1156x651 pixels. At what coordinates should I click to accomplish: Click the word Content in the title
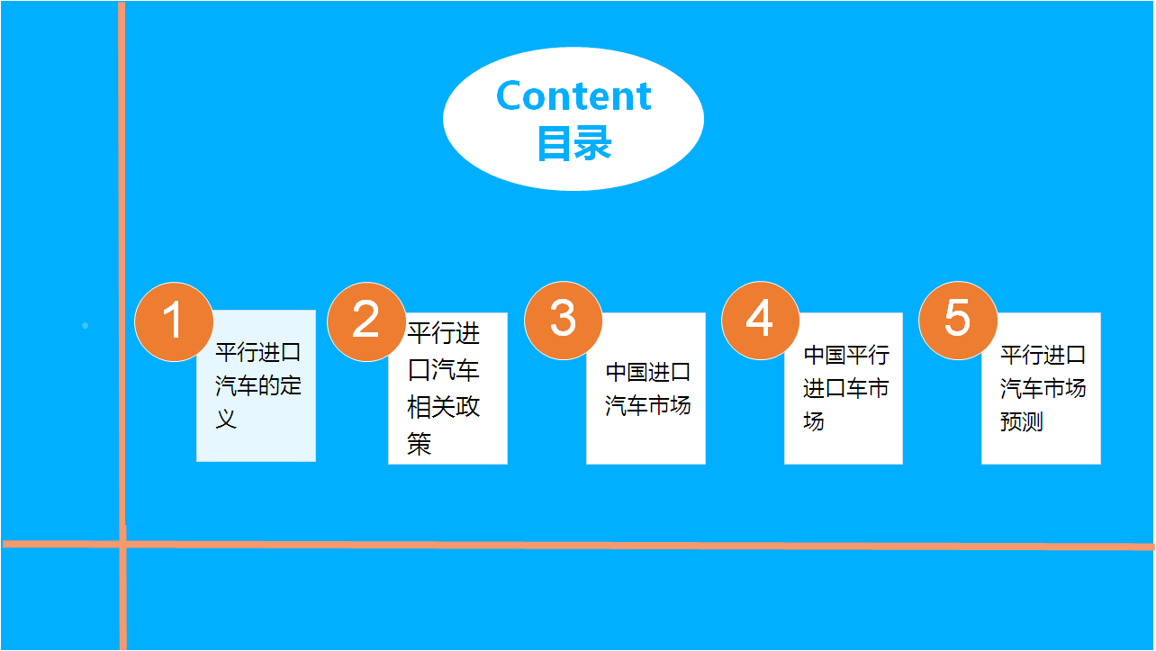point(573,96)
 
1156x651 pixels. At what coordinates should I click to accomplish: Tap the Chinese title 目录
point(574,143)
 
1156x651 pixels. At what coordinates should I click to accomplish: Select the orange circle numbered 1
point(174,321)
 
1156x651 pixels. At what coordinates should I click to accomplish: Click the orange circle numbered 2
point(366,321)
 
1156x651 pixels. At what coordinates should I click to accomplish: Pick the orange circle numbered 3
point(563,320)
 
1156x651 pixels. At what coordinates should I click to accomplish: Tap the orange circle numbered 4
point(760,320)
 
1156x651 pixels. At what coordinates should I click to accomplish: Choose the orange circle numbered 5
point(958,320)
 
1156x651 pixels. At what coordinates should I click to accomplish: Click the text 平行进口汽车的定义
point(258,385)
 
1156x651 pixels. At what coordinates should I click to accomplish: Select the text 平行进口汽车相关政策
point(443,388)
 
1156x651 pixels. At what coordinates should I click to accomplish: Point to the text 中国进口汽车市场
point(647,389)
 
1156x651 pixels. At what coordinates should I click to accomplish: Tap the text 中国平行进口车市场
point(846,388)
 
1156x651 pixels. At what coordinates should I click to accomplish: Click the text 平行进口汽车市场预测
point(1043,388)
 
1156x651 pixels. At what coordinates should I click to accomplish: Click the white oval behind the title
point(573,119)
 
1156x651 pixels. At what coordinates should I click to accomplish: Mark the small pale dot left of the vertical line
point(86,326)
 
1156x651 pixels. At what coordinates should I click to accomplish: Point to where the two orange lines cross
point(122,544)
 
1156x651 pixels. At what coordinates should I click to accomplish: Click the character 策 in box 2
point(419,444)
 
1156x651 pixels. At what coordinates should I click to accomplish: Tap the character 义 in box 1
point(226,419)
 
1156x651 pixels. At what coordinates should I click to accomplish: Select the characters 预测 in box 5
point(1022,421)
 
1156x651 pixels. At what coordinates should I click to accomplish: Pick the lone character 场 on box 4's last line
point(814,421)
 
